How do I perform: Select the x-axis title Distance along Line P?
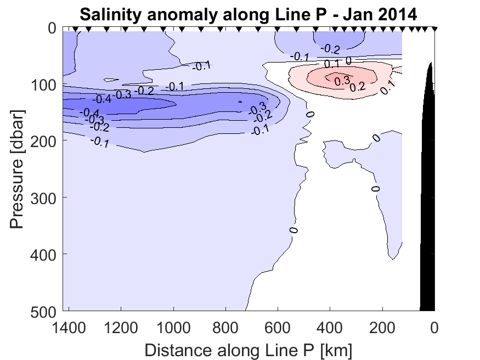[249, 349]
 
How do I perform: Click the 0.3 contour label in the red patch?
[342, 81]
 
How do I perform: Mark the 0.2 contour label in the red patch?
[357, 86]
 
